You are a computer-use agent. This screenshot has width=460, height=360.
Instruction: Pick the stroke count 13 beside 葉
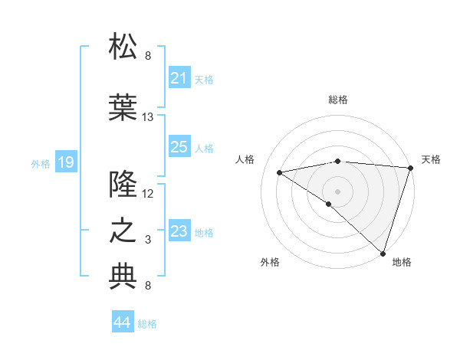[x=148, y=117]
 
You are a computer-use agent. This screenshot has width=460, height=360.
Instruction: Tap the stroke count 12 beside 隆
[x=148, y=194]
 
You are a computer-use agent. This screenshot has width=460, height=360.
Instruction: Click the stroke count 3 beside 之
[x=148, y=240]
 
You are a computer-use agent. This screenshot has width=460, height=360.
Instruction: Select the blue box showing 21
[x=179, y=78]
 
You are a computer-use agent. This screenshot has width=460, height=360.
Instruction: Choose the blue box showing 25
[x=179, y=147]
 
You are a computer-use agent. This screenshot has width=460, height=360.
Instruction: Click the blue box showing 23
[x=179, y=231]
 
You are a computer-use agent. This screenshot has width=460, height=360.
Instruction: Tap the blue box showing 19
[x=65, y=162]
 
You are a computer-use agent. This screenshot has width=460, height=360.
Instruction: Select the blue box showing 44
[x=122, y=323]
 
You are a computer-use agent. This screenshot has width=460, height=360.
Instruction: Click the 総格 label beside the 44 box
[x=147, y=324]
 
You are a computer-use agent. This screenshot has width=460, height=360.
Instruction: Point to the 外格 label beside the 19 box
[x=41, y=163]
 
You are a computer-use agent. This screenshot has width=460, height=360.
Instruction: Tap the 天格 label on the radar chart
[x=431, y=159]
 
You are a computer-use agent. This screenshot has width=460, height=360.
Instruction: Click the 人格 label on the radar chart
[x=245, y=159]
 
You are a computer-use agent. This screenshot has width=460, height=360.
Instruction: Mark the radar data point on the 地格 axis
[x=383, y=253]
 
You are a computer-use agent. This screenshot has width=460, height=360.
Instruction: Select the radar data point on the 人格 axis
[x=280, y=172]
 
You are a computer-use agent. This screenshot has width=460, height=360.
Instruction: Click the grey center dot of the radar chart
[x=337, y=191]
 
